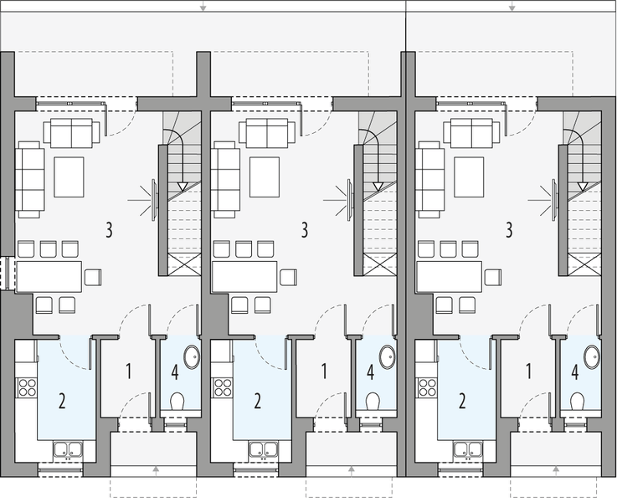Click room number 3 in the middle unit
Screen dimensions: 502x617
pyautogui.click(x=305, y=228)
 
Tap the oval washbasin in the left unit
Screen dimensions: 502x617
pyautogui.click(x=191, y=357)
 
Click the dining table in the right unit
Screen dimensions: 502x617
pyautogui.click(x=450, y=276)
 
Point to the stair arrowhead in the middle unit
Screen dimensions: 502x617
pyautogui.click(x=377, y=187)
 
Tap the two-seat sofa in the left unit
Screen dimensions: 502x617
pyautogui.click(x=72, y=132)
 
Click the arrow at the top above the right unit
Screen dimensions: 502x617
pyautogui.click(x=512, y=8)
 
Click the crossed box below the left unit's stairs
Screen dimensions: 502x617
pyautogui.click(x=181, y=266)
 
